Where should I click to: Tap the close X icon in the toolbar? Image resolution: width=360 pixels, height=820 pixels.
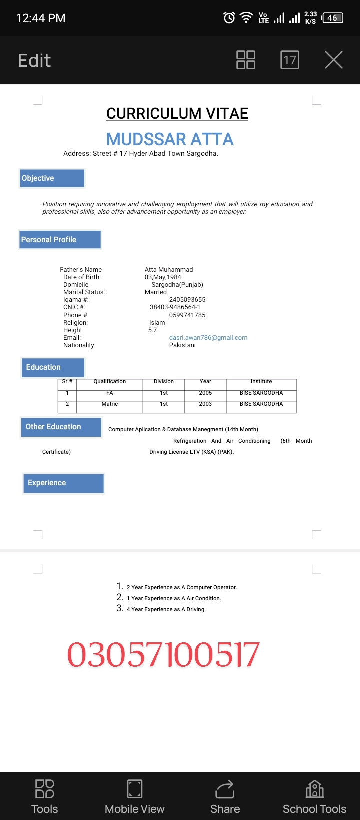tap(333, 60)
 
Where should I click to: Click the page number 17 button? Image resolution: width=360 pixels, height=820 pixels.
tap(290, 60)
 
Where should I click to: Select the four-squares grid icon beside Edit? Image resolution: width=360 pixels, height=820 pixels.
tap(245, 60)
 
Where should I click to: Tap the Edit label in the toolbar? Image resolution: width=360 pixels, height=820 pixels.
tap(34, 60)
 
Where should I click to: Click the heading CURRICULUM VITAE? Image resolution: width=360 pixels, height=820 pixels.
tap(177, 114)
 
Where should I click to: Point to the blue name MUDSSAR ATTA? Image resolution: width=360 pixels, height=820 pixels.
tap(170, 139)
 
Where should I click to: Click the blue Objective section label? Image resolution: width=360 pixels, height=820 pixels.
tap(52, 178)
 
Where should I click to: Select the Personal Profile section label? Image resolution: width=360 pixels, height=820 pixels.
tap(60, 240)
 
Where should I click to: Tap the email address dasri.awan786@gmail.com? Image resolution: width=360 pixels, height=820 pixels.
tap(208, 338)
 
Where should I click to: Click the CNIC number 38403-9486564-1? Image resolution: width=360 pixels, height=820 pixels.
tap(175, 307)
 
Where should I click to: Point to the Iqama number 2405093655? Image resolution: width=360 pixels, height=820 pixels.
tap(187, 300)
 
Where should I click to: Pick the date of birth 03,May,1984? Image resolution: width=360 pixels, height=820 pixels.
tap(163, 277)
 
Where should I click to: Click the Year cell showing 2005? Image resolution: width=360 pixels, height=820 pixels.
tap(205, 393)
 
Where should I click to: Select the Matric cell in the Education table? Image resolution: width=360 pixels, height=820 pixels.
tap(110, 404)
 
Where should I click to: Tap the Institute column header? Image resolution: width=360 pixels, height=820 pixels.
tap(261, 381)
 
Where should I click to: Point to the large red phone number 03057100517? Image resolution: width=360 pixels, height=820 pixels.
tap(163, 655)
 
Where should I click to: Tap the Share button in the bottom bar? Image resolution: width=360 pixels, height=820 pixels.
tap(225, 797)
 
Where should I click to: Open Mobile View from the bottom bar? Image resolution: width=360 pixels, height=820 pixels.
tap(135, 797)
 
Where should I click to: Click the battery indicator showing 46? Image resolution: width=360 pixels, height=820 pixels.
tap(333, 18)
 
